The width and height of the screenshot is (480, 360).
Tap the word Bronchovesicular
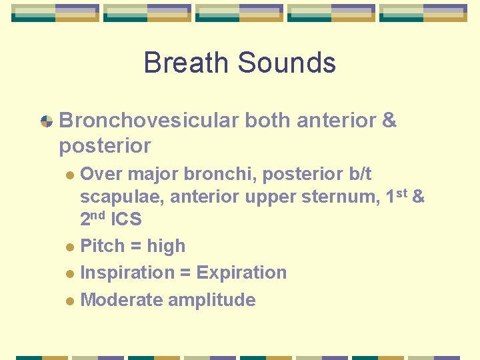coord(149,121)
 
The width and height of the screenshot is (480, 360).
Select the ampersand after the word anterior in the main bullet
coord(389,121)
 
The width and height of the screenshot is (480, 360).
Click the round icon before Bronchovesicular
coord(47,121)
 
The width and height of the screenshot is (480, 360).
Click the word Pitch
coord(102,246)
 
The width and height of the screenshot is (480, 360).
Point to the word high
coord(166,246)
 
